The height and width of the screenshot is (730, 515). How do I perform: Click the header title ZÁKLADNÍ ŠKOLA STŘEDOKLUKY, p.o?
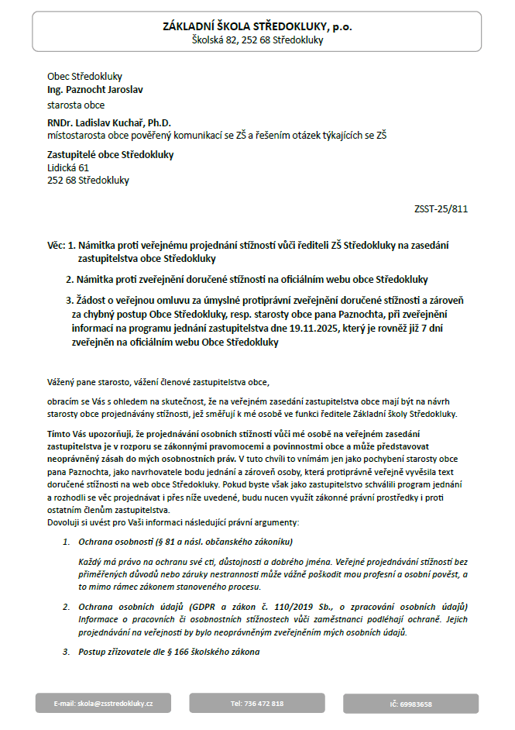257,26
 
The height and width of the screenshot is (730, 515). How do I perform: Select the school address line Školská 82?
257,40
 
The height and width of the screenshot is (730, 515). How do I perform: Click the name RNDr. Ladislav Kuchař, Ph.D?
109,122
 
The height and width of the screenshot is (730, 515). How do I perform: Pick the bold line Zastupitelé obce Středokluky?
111,154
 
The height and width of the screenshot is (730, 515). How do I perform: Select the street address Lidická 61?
68,167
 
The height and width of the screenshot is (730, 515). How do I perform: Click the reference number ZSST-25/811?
441,209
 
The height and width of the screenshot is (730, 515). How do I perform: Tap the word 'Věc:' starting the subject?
57,246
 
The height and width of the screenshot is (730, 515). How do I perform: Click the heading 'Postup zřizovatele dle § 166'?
169,652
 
